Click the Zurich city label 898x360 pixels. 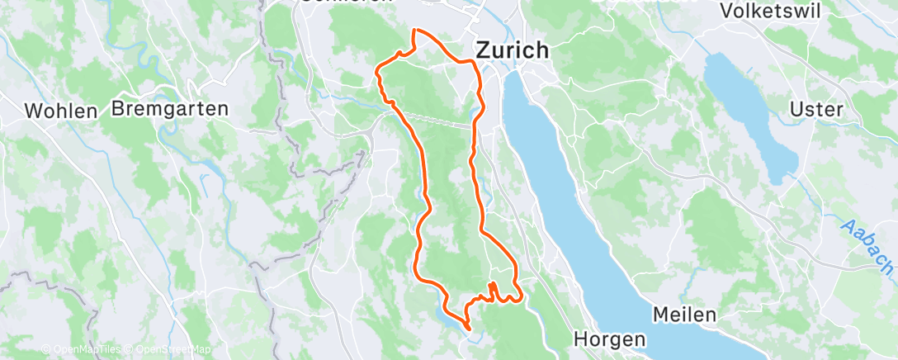click(x=512, y=50)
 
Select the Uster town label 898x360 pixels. click(x=815, y=109)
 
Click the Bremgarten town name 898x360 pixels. click(x=158, y=108)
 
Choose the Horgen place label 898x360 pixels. click(x=611, y=339)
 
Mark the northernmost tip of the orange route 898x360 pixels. click(x=414, y=30)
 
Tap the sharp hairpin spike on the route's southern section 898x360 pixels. click(x=493, y=285)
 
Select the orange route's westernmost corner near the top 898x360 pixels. click(x=377, y=71)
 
